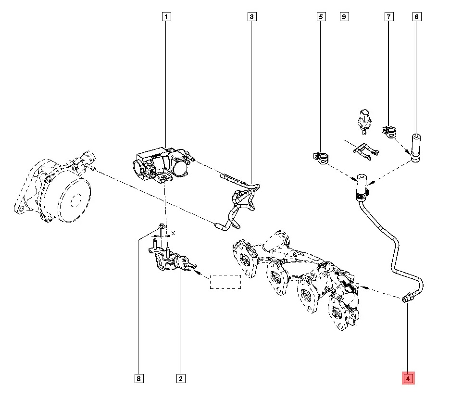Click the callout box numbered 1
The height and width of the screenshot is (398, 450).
pyautogui.click(x=166, y=17)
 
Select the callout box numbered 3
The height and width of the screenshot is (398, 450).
pyautogui.click(x=252, y=17)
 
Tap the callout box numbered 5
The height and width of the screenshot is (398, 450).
pyautogui.click(x=321, y=17)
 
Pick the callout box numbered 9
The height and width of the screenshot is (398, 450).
pyautogui.click(x=344, y=17)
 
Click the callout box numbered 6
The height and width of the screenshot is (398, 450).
pyautogui.click(x=416, y=17)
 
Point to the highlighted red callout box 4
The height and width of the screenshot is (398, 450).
pyautogui.click(x=408, y=379)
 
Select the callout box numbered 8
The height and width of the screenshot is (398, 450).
pyautogui.click(x=138, y=379)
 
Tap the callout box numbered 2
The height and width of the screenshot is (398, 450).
pyautogui.click(x=180, y=379)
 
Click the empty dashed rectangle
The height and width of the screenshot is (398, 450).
pyautogui.click(x=225, y=282)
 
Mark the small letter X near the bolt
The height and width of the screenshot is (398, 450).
pyautogui.click(x=174, y=233)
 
